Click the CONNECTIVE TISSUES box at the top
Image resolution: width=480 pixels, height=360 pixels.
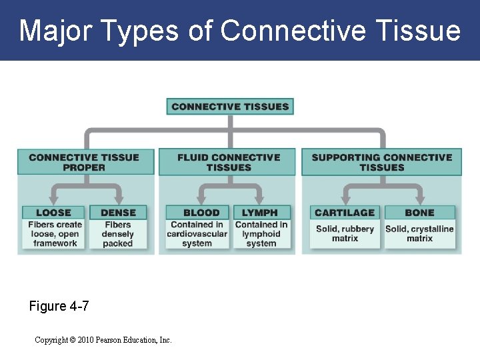[x=230, y=107]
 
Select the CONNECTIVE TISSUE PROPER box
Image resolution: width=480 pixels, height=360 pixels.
[x=84, y=162]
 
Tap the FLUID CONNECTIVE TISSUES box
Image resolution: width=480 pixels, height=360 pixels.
[x=229, y=162]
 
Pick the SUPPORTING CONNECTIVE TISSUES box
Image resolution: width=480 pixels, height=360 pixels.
[x=381, y=162]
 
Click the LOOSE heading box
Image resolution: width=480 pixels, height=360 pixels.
[x=53, y=213]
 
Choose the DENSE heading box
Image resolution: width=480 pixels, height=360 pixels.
[x=118, y=213]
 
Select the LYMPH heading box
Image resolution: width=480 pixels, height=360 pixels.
[x=261, y=213]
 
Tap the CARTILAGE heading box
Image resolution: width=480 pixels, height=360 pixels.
[x=345, y=213]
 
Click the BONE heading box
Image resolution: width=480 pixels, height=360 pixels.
[x=419, y=213]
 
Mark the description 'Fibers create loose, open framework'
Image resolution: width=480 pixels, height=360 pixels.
[x=55, y=234]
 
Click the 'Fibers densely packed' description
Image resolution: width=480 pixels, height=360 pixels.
[x=118, y=234]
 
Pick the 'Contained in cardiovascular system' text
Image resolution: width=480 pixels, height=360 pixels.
[x=197, y=234]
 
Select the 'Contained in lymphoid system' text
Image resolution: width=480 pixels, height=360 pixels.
[x=261, y=234]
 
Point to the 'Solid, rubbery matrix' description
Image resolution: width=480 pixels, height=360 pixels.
[x=345, y=233]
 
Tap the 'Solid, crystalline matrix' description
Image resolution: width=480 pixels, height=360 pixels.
[x=419, y=233]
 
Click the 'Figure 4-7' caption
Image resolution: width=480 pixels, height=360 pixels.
[x=59, y=307]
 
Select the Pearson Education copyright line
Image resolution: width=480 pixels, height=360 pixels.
[x=103, y=340]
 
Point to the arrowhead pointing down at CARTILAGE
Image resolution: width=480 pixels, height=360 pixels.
[x=345, y=199]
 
